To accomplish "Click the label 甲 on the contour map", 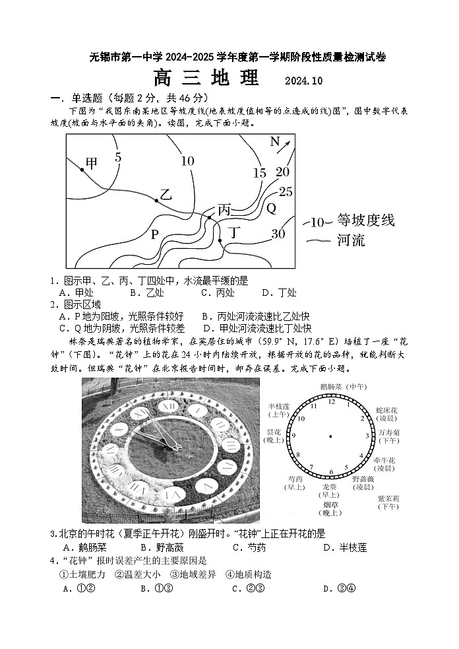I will point(92,163).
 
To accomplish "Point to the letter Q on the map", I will point(271,209).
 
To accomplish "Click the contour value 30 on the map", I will point(278,234).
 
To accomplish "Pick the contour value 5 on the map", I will point(118,157).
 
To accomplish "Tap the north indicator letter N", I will point(275,141).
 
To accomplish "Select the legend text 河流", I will point(351,240).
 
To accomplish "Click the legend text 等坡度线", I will point(366,221).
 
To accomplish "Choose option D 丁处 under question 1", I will point(279,292).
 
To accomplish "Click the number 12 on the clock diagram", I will point(332,401).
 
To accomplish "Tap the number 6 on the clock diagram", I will point(331,472).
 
